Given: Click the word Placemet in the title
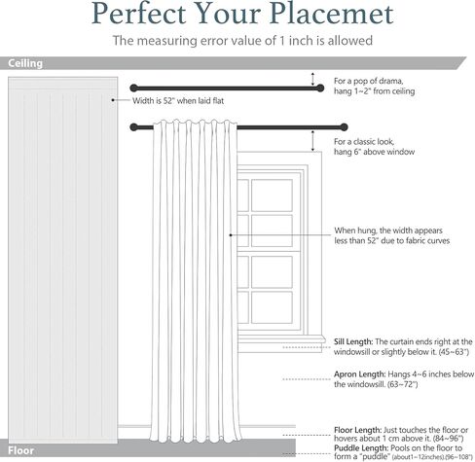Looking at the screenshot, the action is pos(332,14).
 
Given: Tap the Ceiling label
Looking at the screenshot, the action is pos(25,63).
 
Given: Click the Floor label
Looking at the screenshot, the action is pos(20,450).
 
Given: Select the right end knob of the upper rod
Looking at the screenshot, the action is pos(320,88).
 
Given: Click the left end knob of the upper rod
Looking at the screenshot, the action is pos(133,88).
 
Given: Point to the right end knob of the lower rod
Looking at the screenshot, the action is pos(344,127).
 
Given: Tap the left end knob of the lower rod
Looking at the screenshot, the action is pos(133,127).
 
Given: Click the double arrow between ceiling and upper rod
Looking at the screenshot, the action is pos(312,79).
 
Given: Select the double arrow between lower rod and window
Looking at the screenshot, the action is pos(312,141).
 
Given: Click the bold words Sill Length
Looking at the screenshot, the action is pos(353,341).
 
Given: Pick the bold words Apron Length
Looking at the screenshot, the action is pos(360,374).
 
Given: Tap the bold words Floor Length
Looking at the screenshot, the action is pos(358,430).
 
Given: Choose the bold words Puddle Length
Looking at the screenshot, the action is pos(361,448).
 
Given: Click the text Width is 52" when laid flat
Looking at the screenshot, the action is pos(178,101).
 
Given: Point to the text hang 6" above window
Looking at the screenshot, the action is pos(375,152).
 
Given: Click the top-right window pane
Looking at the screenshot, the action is pos(272,195).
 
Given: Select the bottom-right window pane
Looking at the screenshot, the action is pos(272,307).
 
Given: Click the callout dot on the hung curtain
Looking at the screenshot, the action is pos(231,235).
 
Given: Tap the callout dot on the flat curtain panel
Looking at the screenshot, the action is pos(113,100).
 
